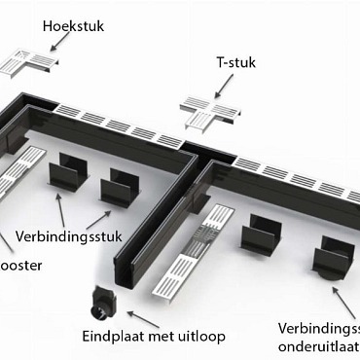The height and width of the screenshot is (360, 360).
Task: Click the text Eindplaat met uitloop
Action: pyautogui.click(x=154, y=337)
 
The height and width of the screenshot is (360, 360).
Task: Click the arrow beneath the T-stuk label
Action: pyautogui.click(x=225, y=89)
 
